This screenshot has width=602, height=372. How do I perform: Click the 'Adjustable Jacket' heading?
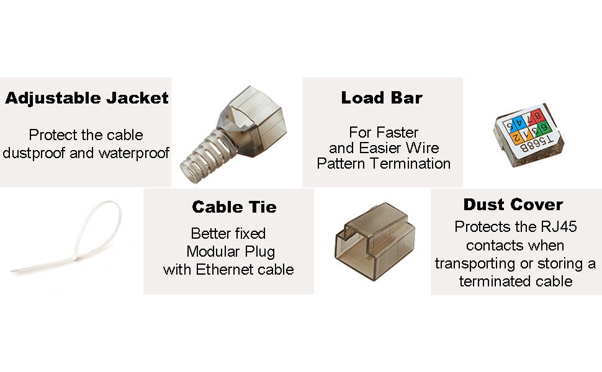coord(87,98)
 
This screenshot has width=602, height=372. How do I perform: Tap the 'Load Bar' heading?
coord(382,97)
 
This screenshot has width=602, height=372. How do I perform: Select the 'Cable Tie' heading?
coord(234,206)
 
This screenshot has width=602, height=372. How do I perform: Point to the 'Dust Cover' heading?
coord(513,205)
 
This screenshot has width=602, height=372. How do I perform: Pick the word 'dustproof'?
coord(35,153)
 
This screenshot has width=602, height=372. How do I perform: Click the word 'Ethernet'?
coord(224,270)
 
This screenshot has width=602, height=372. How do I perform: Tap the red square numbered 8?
coord(538,115)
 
